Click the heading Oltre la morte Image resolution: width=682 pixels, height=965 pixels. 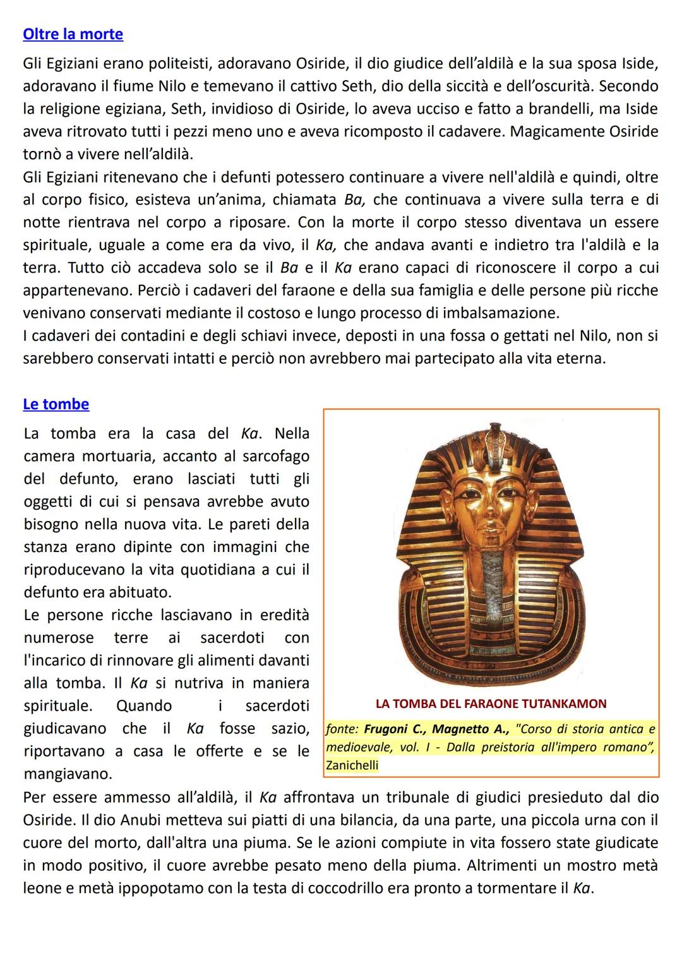(73, 34)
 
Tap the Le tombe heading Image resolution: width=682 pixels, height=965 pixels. (56, 404)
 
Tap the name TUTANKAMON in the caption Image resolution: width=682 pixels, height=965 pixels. (569, 704)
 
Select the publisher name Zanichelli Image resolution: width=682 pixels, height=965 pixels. (352, 765)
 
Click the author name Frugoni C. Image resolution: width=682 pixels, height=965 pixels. (393, 729)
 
